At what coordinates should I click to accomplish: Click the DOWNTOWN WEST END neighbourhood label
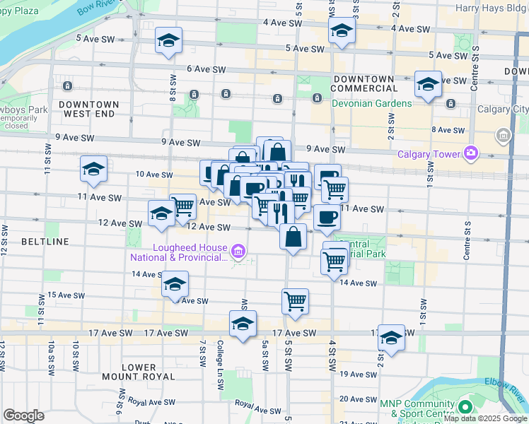(x=88, y=109)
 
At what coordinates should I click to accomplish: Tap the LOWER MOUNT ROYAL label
(x=138, y=372)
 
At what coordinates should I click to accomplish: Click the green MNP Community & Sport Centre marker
(x=465, y=408)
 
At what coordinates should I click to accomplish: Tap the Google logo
(x=23, y=416)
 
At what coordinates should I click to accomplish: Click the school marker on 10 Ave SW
(x=93, y=170)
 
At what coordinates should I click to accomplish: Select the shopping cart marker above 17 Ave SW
(x=295, y=301)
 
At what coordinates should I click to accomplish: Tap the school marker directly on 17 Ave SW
(x=243, y=324)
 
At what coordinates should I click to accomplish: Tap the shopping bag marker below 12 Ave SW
(x=293, y=237)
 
